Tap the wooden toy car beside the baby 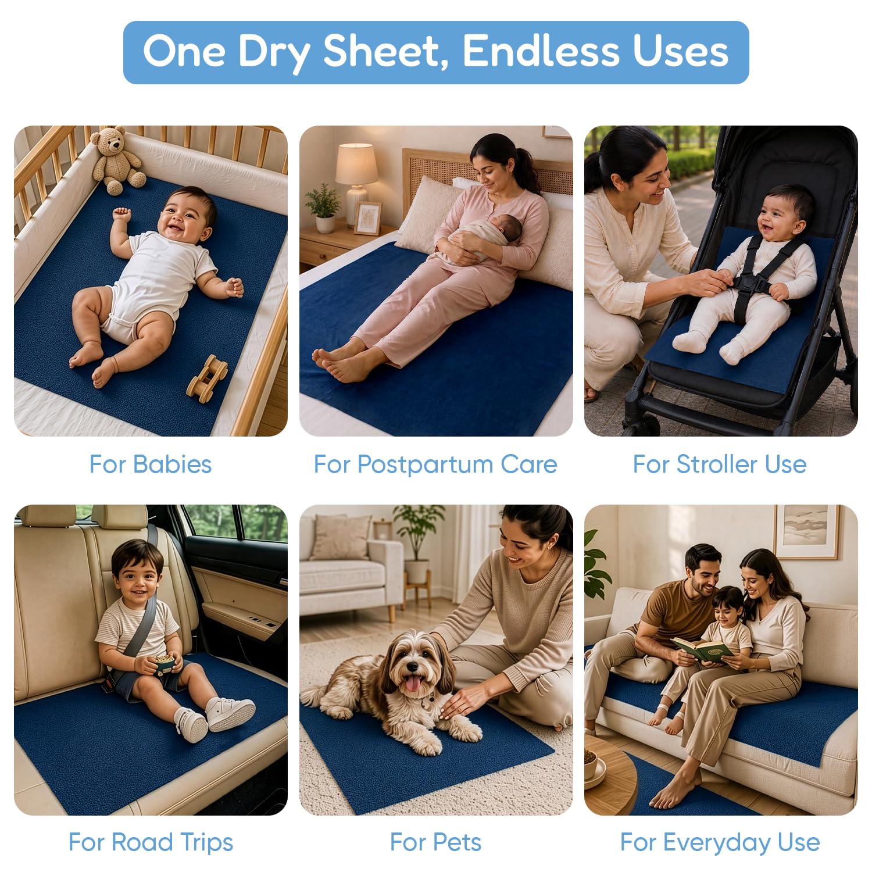207,378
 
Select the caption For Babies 151,464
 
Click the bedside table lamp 356,177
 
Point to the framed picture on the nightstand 367,217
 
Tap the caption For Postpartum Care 435,464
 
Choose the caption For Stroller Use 720,464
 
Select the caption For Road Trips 151,842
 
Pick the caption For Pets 435,842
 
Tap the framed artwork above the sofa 806,532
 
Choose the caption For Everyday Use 720,842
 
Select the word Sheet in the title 387,51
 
